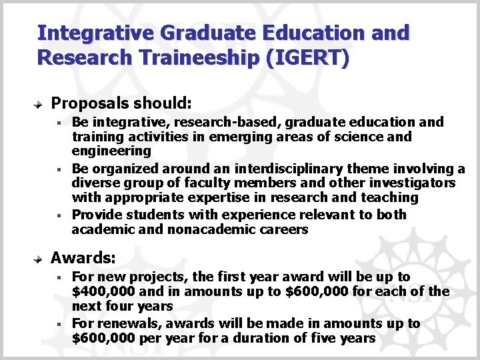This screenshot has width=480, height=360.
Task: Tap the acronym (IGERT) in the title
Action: [x=307, y=57]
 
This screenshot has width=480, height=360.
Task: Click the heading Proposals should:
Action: [x=121, y=103]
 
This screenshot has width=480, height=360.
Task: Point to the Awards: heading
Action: [x=83, y=257]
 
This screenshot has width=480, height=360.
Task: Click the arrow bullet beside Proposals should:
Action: [x=39, y=105]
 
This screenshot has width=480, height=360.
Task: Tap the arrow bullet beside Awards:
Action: [x=39, y=259]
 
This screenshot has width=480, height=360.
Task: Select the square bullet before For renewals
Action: [x=59, y=324]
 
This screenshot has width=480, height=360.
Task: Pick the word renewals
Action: [x=124, y=323]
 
